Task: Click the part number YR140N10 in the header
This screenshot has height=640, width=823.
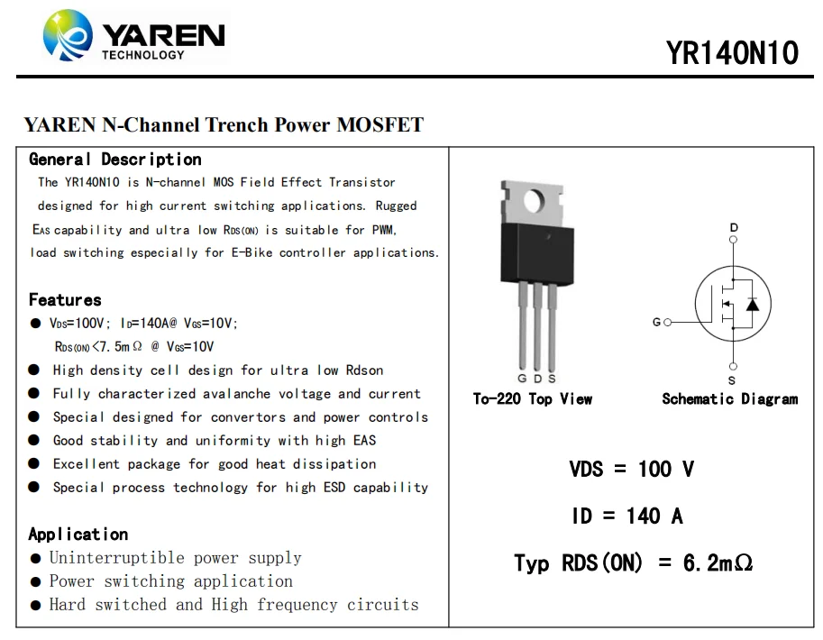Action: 732,52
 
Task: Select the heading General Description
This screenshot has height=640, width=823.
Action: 115,160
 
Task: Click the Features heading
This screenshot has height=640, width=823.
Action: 65,300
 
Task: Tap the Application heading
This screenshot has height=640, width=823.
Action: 78,535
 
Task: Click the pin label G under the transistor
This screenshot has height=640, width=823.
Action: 522,379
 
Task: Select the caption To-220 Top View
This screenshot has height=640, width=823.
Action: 533,399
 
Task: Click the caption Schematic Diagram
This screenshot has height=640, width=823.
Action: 729,399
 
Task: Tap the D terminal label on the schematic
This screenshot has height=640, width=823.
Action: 734,228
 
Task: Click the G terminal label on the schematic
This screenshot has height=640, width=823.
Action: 656,322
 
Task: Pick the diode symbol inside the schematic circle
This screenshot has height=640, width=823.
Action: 753,305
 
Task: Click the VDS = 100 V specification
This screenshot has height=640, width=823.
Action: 631,469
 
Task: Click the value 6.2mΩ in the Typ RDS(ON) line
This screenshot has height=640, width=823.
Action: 718,563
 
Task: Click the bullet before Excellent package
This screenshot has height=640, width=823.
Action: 34,464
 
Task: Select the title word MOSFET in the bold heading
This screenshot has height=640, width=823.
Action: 379,125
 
